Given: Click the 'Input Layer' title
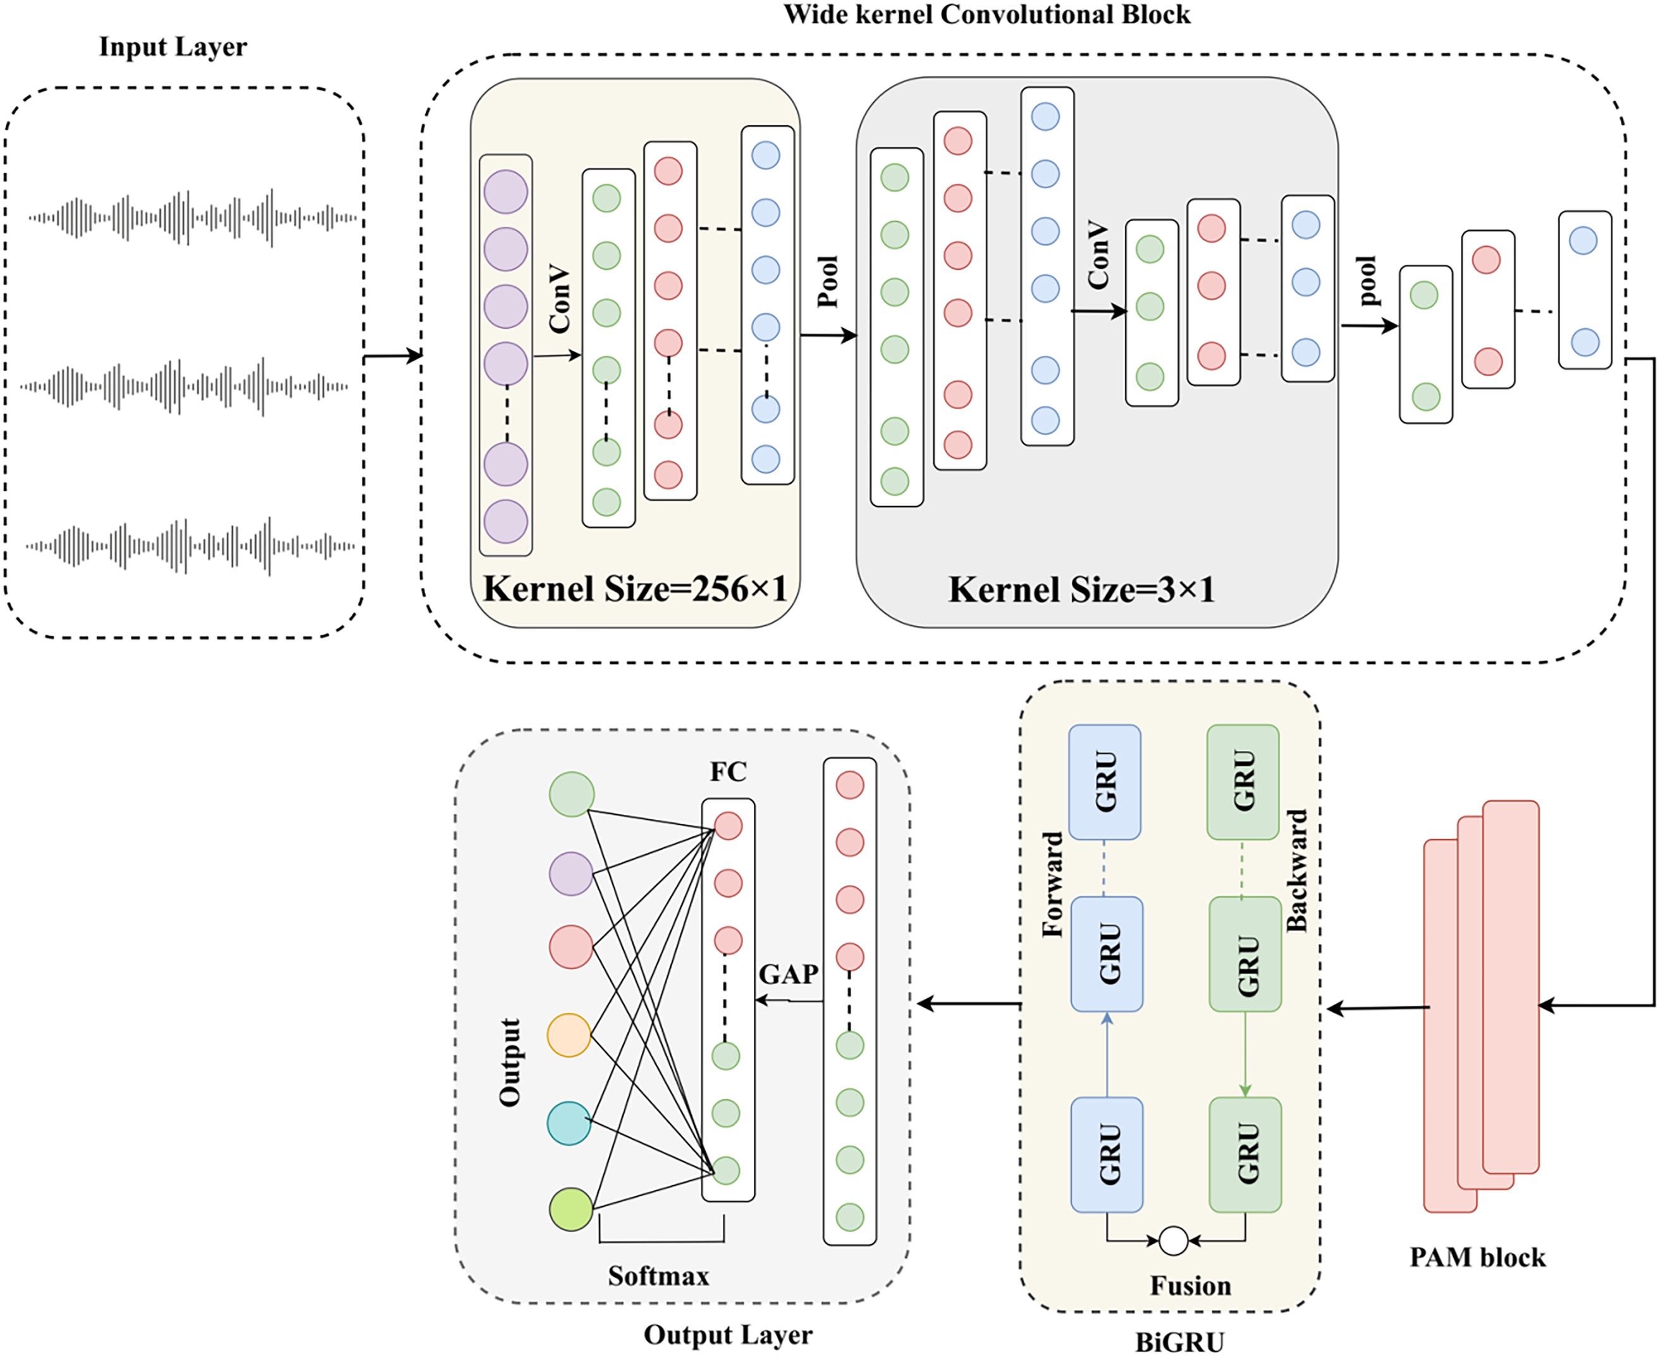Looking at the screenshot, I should coord(173,47).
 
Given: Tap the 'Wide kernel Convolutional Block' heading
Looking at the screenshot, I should coord(987,14).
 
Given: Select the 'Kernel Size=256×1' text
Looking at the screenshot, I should coord(635,589).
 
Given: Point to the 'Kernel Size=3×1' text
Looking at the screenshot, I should coord(1081,590).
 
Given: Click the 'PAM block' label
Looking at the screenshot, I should coord(1477,1257).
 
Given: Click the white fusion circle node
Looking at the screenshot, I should coord(1173,1240).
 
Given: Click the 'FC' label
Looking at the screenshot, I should coord(728,772).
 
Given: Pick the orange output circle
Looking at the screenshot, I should coord(569,1035).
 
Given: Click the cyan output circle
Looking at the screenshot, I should coord(569,1123).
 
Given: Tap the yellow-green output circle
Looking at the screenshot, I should coord(571,1209).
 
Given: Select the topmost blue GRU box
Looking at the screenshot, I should coord(1105,782).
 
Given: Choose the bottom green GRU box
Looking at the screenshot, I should coord(1245,1154).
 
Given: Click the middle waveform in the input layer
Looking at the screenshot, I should coord(185,386).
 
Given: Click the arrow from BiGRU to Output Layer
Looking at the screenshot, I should coord(968,1004).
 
